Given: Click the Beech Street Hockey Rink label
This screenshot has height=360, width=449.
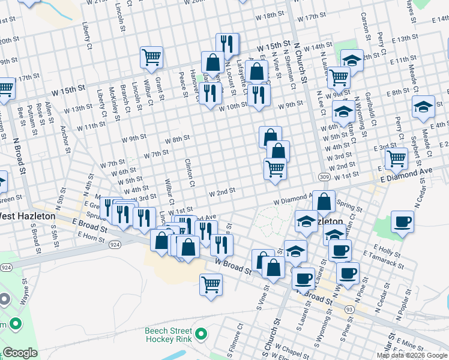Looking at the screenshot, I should [x=168, y=335].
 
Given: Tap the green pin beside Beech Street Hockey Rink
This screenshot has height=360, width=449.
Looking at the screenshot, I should [x=201, y=334].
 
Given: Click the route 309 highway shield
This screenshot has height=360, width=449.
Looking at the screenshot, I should [x=324, y=177].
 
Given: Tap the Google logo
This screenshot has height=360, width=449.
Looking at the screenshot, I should [x=21, y=353].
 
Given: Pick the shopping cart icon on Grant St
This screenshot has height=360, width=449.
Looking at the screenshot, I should [x=152, y=58].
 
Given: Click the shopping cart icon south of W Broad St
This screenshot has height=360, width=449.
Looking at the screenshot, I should [x=211, y=284].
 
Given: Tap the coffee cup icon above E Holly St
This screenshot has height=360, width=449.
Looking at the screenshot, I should [x=402, y=221].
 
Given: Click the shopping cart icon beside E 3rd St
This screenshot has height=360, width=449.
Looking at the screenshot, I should [x=396, y=158].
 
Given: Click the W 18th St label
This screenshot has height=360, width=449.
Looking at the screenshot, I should [x=269, y=14].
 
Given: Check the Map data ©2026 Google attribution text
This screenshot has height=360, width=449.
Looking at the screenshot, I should [x=412, y=355].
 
